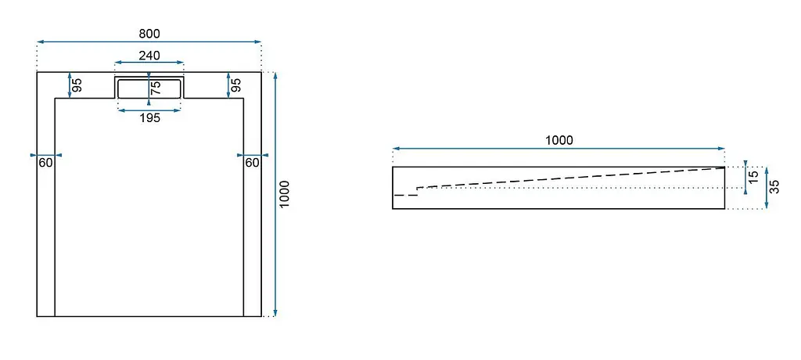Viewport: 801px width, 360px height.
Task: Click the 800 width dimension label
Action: (149, 34)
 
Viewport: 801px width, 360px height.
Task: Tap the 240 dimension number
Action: (149, 56)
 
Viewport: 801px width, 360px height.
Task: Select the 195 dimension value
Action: (149, 118)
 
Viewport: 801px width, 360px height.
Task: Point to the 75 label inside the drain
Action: (156, 88)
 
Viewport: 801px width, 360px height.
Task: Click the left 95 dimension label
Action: (77, 85)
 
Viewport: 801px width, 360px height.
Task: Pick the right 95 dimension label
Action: (235, 85)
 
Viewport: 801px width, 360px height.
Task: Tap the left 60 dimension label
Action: (46, 163)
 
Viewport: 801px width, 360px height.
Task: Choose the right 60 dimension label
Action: (253, 163)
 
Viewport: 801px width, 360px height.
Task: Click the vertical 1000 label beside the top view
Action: (285, 194)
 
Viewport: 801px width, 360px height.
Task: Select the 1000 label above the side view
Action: (559, 140)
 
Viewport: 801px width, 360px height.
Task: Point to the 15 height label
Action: (753, 178)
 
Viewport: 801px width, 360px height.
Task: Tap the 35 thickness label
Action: (774, 187)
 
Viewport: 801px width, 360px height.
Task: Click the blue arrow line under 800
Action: (149, 42)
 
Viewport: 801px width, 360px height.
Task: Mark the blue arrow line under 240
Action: (149, 63)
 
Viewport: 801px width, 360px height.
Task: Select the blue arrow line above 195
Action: (149, 110)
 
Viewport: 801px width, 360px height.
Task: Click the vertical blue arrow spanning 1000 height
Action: (275, 194)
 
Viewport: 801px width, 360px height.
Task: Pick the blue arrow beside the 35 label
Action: (767, 188)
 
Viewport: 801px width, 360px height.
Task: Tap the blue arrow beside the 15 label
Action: (745, 178)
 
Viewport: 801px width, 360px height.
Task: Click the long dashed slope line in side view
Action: (571, 178)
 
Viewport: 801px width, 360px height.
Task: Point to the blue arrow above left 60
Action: (46, 154)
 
